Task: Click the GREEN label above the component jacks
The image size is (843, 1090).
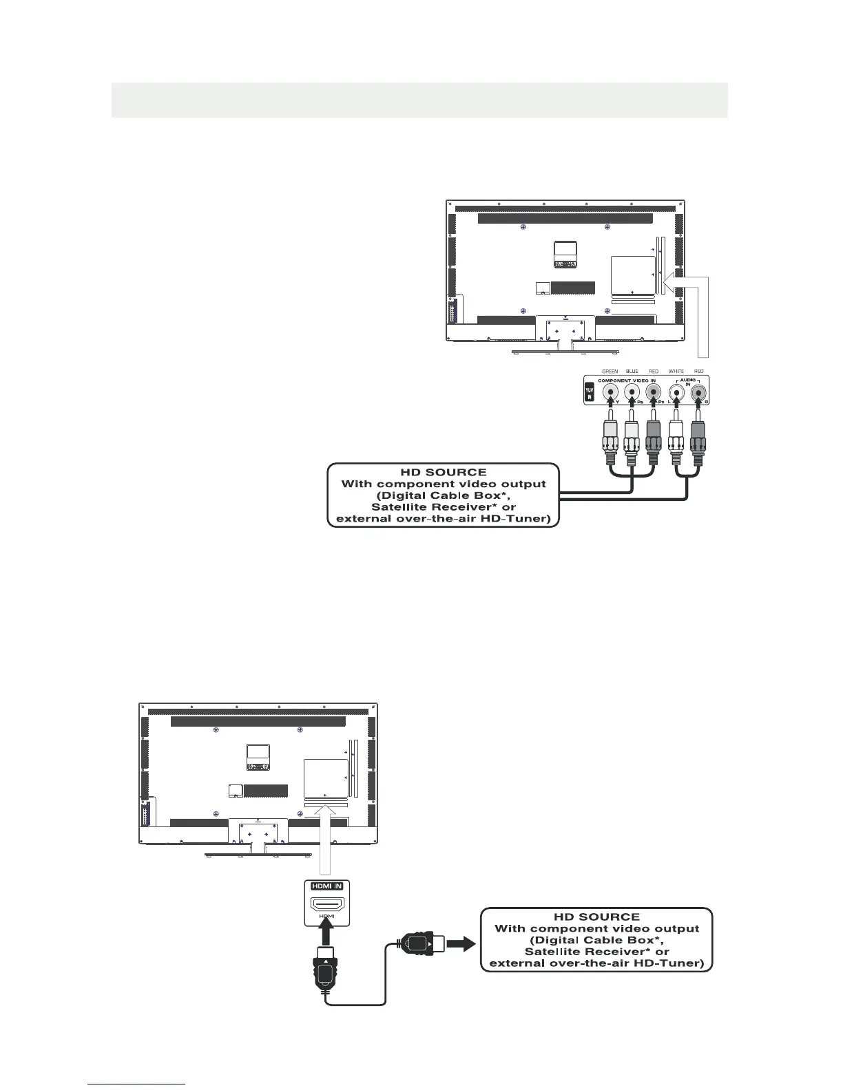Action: (x=610, y=372)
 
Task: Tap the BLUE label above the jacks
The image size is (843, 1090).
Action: (x=632, y=372)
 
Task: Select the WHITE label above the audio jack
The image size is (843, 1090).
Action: (x=676, y=372)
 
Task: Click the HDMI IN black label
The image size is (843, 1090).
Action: (x=327, y=886)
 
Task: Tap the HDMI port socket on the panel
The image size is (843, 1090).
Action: (x=327, y=903)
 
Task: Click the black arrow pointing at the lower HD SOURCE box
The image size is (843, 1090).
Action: (x=461, y=943)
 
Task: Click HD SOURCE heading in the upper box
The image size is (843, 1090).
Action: (x=444, y=473)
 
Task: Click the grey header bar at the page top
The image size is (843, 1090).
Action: (x=419, y=100)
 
